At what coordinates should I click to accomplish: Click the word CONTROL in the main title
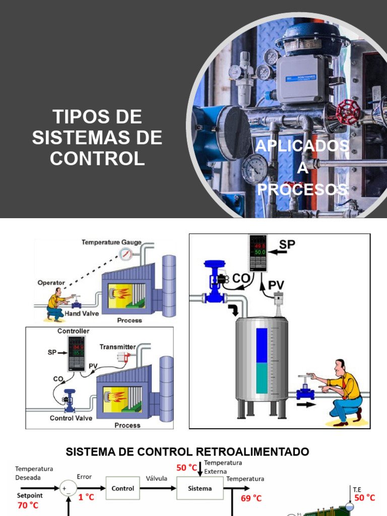(x=97, y=158)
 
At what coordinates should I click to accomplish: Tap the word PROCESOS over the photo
(x=302, y=189)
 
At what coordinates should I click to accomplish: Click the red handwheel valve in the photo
(x=348, y=112)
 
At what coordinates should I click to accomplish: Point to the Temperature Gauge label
(x=111, y=242)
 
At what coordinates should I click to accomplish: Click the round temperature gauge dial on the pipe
(x=125, y=254)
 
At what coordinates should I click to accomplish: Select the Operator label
(x=51, y=283)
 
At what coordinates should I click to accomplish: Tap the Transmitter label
(x=117, y=347)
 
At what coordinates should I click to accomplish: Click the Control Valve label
(x=71, y=418)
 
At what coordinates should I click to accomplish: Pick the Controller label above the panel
(x=74, y=331)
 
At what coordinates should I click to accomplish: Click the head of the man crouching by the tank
(x=340, y=366)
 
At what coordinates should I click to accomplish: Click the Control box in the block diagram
(x=123, y=488)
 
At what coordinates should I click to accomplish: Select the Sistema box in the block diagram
(x=200, y=488)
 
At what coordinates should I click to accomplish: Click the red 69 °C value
(x=250, y=498)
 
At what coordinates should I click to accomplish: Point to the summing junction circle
(x=68, y=488)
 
